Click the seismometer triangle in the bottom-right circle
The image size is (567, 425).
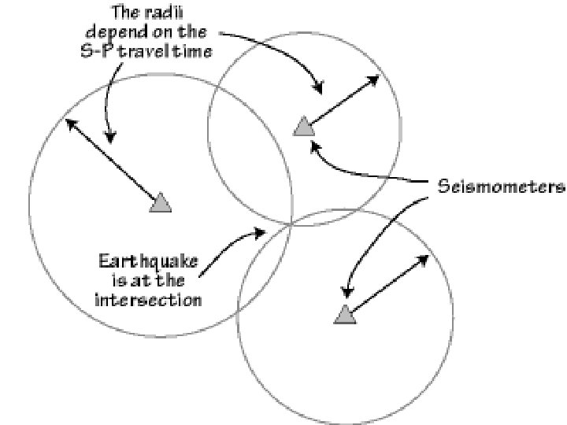(x=344, y=315)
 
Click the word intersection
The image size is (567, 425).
(x=148, y=300)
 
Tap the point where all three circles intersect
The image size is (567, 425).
(x=292, y=224)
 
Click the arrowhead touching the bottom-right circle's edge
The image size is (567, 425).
(x=425, y=258)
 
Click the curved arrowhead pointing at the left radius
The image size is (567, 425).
(x=111, y=137)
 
